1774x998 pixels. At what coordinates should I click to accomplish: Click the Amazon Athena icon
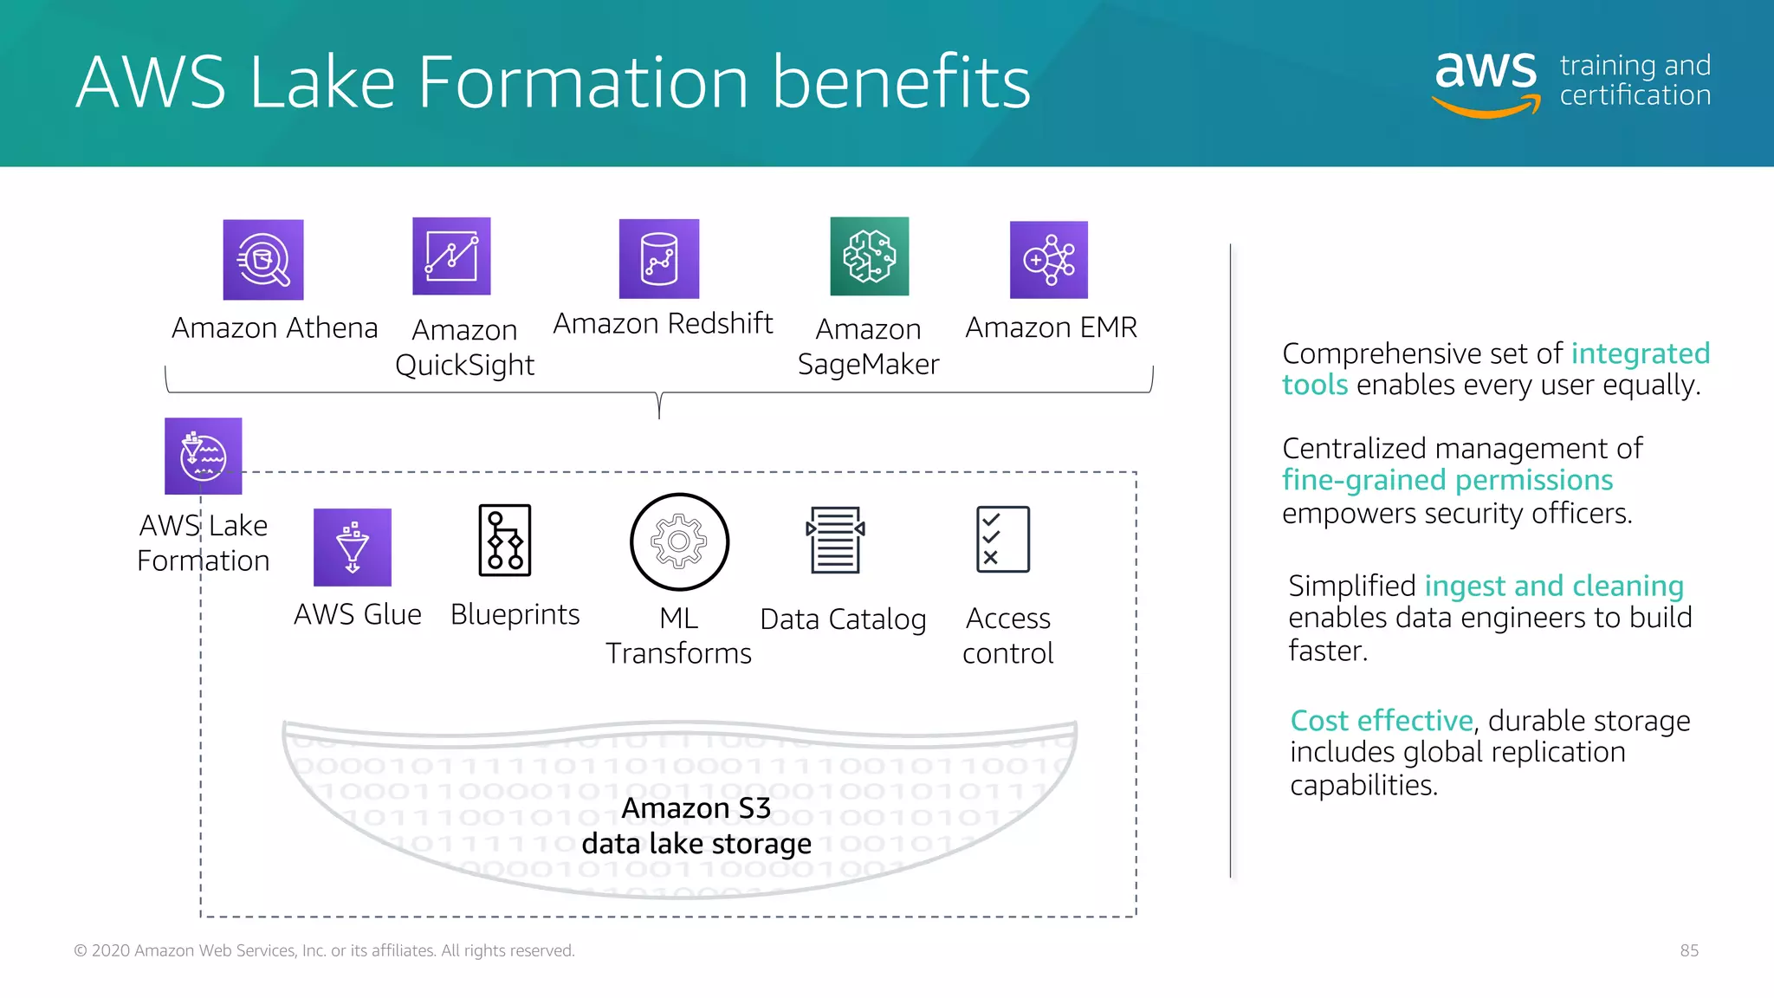pyautogui.click(x=263, y=260)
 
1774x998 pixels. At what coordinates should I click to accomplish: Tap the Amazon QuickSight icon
pyautogui.click(x=451, y=256)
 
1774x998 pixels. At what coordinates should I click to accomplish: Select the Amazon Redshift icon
pyautogui.click(x=659, y=259)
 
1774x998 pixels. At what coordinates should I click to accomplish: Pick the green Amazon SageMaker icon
pyautogui.click(x=870, y=256)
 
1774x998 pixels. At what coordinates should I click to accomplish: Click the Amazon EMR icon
pyautogui.click(x=1049, y=260)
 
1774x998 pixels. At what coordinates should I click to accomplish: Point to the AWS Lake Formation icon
pyautogui.click(x=204, y=457)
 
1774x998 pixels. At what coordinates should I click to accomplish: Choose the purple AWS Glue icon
pyautogui.click(x=353, y=548)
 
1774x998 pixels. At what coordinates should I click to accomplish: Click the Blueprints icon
pyautogui.click(x=505, y=541)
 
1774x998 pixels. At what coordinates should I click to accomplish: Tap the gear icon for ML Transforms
pyautogui.click(x=680, y=542)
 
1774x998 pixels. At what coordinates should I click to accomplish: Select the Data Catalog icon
pyautogui.click(x=836, y=541)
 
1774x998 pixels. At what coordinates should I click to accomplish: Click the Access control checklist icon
pyautogui.click(x=1003, y=540)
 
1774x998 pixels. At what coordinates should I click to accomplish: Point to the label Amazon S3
pyautogui.click(x=696, y=808)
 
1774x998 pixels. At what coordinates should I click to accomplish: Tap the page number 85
pyautogui.click(x=1689, y=950)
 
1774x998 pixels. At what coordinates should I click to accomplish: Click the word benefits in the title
pyautogui.click(x=901, y=82)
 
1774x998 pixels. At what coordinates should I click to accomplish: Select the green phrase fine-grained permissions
pyautogui.click(x=1447, y=480)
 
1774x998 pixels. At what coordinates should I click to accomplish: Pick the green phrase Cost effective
pyautogui.click(x=1382, y=721)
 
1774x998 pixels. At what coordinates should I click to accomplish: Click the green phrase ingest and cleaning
pyautogui.click(x=1554, y=586)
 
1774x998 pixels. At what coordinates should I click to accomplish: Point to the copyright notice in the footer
pyautogui.click(x=324, y=950)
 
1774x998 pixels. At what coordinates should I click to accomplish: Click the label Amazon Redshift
pyautogui.click(x=663, y=323)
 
